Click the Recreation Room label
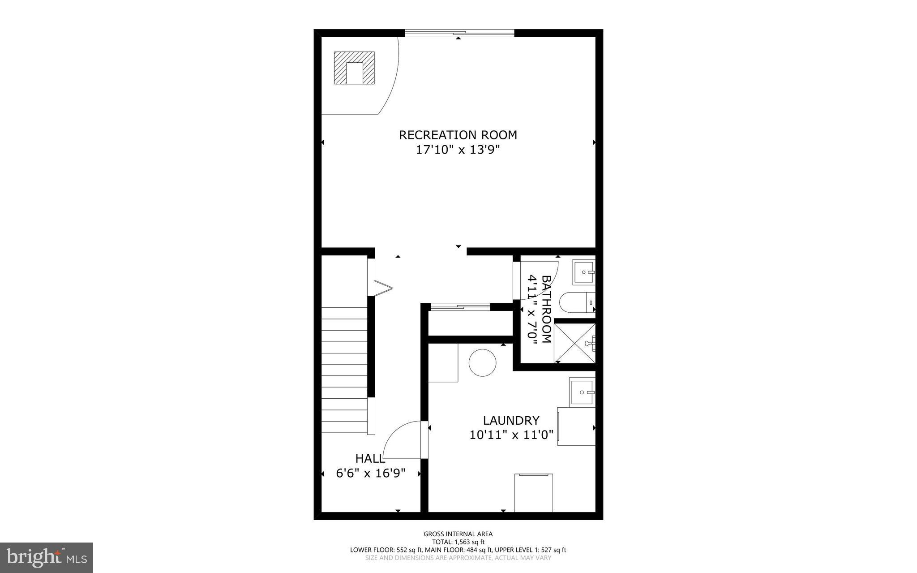[458, 135]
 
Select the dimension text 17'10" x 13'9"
[458, 150]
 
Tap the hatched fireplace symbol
[354, 68]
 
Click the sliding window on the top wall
[459, 33]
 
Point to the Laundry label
[511, 420]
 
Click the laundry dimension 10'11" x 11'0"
[511, 435]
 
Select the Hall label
[370, 458]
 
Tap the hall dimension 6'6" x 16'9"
[371, 473]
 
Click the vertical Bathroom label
[546, 309]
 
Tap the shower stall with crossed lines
[574, 343]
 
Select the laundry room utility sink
[582, 392]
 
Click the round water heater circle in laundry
[482, 362]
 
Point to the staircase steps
[344, 370]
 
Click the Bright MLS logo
[47, 557]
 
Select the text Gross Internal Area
[458, 534]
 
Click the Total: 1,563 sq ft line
[458, 542]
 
